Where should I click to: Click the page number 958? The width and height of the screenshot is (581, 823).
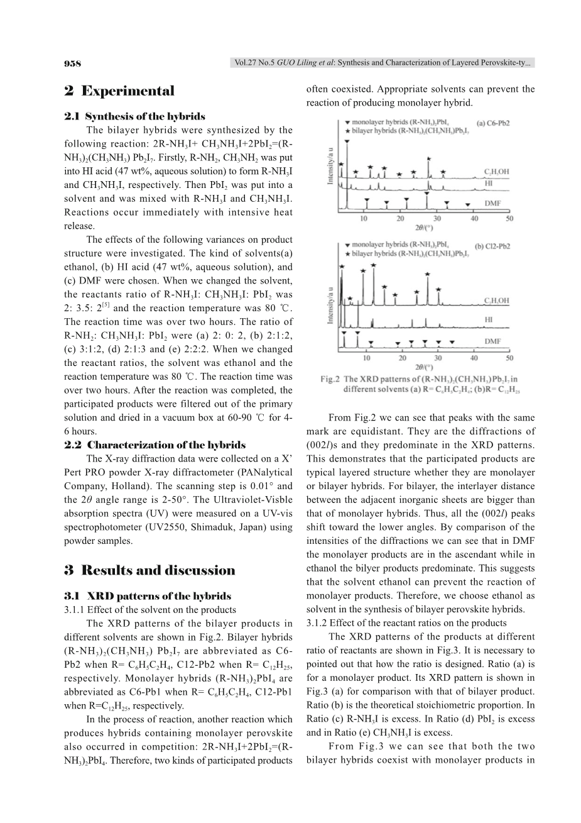pyautogui.click(x=73, y=63)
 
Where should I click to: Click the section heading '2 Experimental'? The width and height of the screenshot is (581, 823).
pyautogui.click(x=119, y=91)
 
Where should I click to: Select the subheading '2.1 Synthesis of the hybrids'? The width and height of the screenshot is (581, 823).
pyautogui.click(x=134, y=117)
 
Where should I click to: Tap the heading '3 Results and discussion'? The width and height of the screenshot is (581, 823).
pyautogui.click(x=149, y=570)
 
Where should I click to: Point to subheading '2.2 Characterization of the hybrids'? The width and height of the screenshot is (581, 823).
pyautogui.click(x=155, y=445)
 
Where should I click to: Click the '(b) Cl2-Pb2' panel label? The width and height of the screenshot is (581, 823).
pyautogui.click(x=489, y=246)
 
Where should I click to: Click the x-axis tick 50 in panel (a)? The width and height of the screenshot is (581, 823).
pyautogui.click(x=509, y=219)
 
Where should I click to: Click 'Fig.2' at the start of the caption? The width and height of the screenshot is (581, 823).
pyautogui.click(x=330, y=379)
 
